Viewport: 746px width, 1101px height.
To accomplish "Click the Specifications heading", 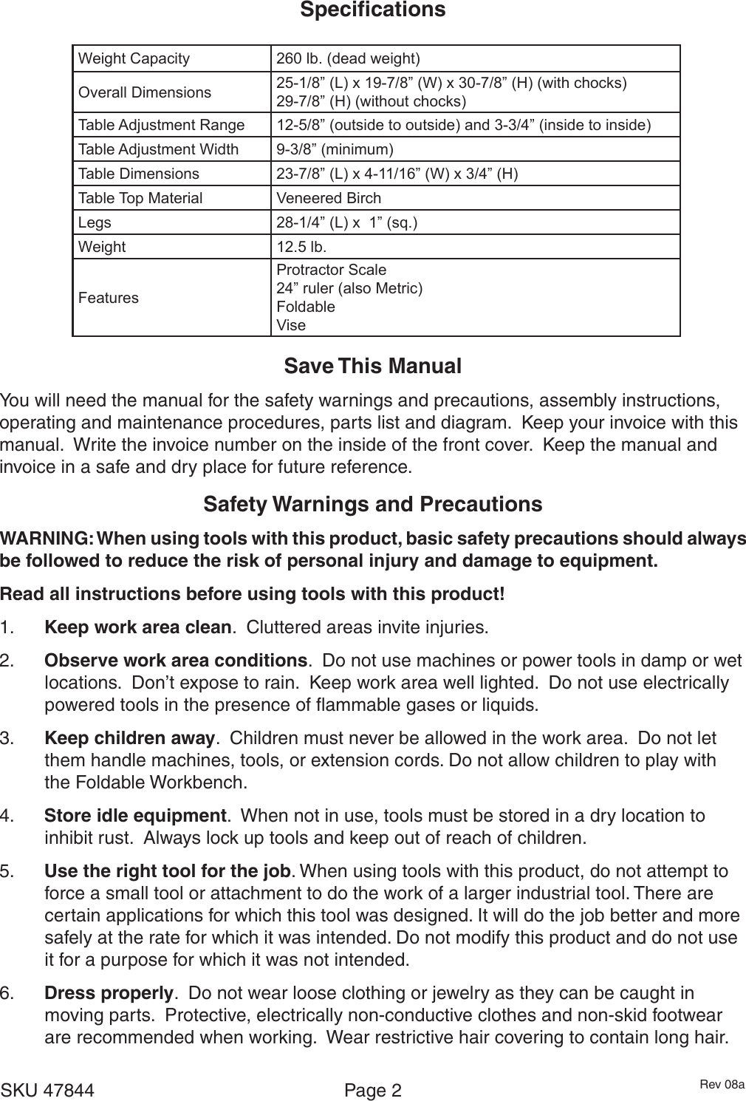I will (372, 10).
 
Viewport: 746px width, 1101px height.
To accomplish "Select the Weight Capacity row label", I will (134, 58).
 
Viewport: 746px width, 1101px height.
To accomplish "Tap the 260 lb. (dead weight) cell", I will (348, 58).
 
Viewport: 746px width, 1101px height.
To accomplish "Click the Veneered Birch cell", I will (329, 198).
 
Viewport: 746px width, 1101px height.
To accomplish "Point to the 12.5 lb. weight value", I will (301, 247).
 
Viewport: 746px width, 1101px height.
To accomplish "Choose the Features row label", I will (109, 298).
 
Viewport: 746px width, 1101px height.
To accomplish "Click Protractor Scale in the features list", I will (331, 270).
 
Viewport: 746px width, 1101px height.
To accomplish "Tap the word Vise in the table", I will (291, 325).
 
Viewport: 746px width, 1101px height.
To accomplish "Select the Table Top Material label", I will (140, 198).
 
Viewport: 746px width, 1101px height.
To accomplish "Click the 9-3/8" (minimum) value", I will (335, 150).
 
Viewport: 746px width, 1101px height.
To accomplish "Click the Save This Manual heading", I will (372, 367).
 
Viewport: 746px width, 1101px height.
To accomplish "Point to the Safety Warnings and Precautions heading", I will (372, 505).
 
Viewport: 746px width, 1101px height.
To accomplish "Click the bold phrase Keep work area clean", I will (138, 628).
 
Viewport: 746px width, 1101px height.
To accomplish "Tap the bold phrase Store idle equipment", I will (135, 816).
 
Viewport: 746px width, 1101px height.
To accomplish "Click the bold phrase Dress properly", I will (109, 992).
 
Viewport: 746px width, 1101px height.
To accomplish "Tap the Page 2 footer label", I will (373, 1091).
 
